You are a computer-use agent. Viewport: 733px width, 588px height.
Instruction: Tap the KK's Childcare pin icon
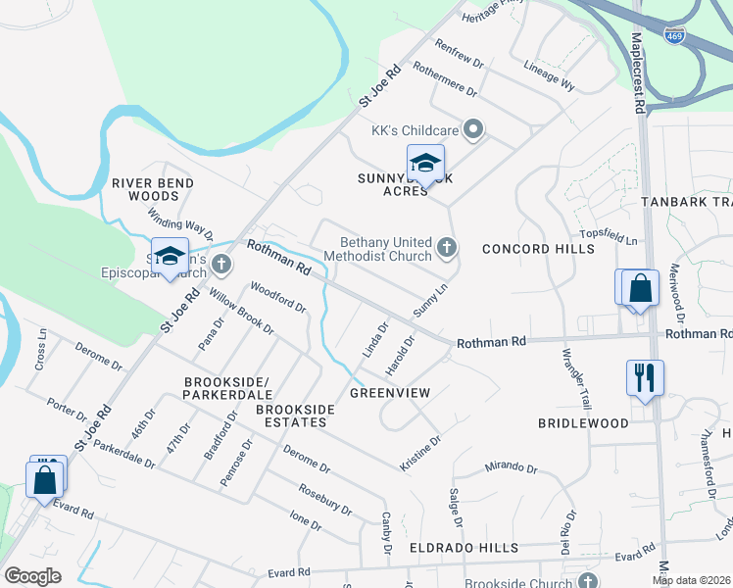(x=474, y=129)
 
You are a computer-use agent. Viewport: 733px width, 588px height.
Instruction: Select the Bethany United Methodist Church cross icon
(x=447, y=247)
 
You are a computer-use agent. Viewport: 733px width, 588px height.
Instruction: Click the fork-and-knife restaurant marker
(x=645, y=376)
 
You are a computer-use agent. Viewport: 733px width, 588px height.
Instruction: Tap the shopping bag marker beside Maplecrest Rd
(x=639, y=288)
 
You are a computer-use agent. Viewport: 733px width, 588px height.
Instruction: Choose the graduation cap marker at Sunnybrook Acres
(x=425, y=163)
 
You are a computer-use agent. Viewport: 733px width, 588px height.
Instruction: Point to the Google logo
(x=32, y=575)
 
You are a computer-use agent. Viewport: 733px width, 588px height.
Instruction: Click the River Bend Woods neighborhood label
(x=153, y=189)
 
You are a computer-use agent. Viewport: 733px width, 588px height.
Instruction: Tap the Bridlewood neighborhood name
(x=583, y=423)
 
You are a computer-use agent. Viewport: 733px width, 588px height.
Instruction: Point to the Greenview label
(x=390, y=392)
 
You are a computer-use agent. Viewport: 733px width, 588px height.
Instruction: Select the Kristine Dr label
(x=421, y=454)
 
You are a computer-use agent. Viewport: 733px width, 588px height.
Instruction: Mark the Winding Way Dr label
(x=180, y=224)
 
